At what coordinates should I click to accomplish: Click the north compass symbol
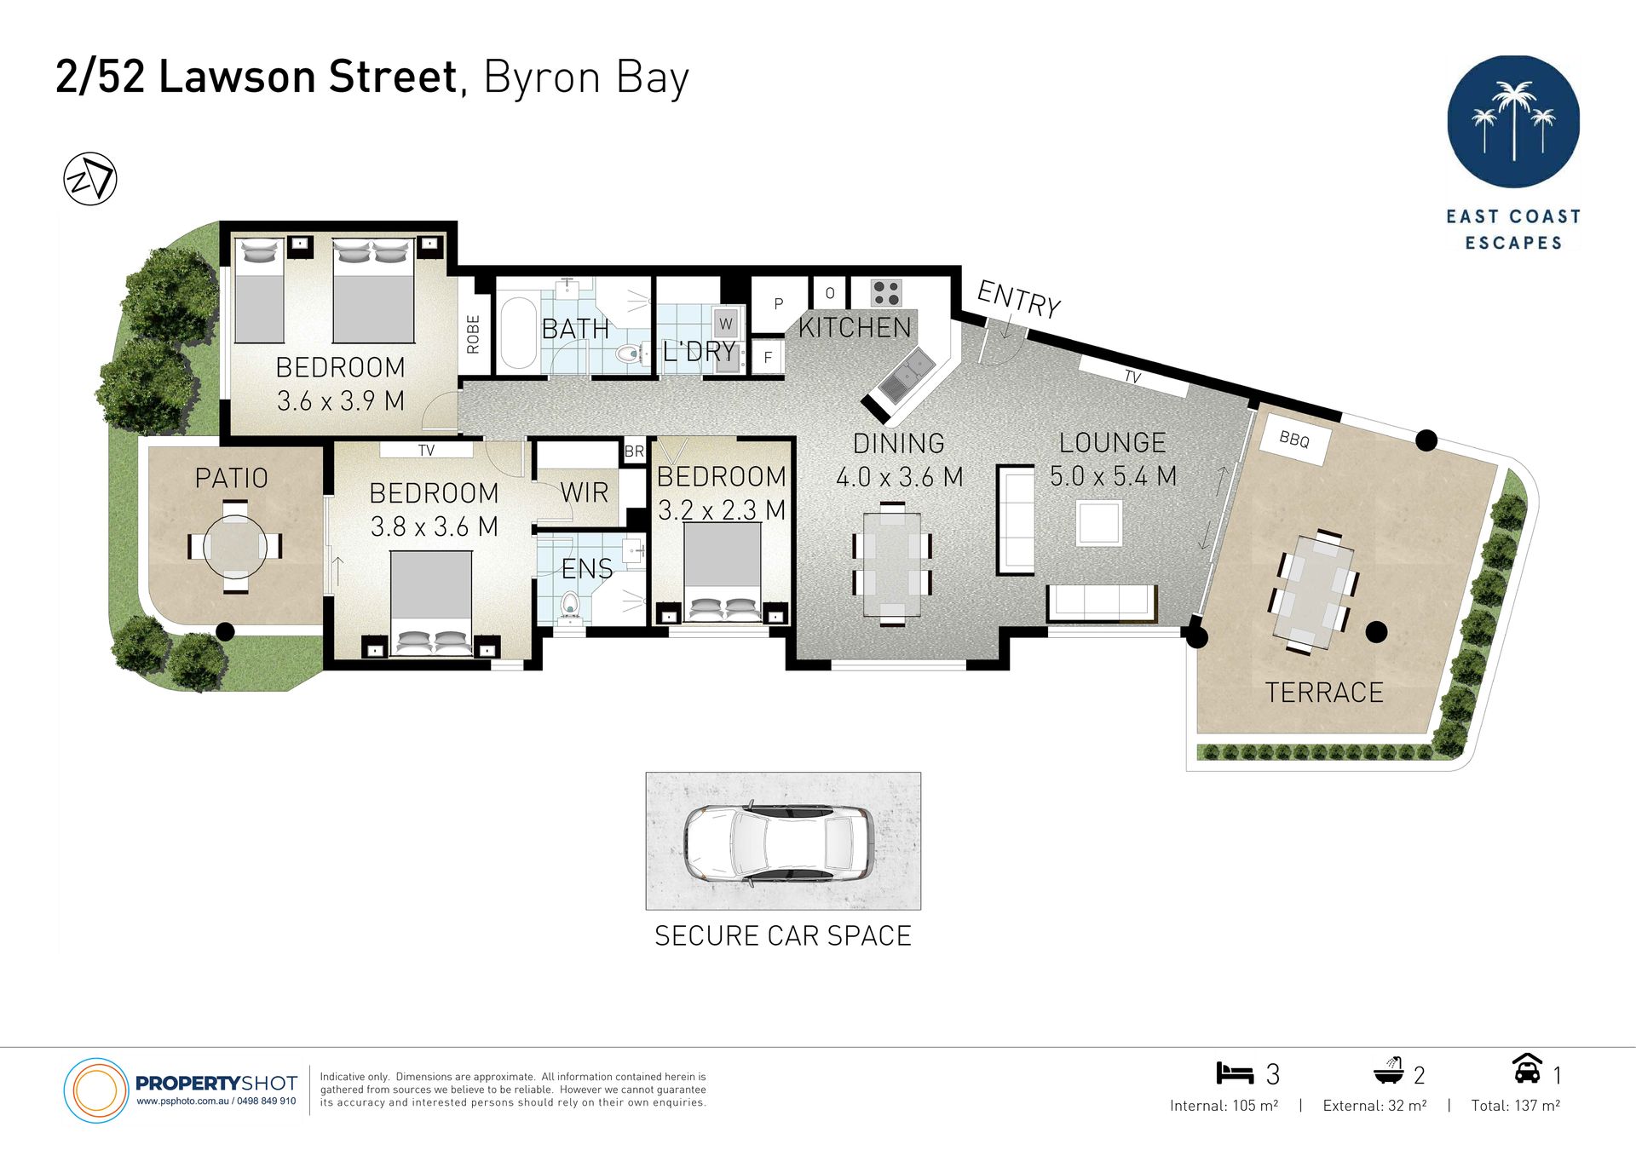tap(90, 179)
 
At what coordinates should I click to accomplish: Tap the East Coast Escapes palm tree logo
tap(1513, 122)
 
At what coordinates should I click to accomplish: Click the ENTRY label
tap(1018, 299)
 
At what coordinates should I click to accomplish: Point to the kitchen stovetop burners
tap(886, 293)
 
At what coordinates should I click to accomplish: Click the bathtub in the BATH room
tap(518, 331)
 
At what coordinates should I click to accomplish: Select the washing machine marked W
tap(726, 324)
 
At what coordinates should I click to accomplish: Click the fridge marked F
tap(768, 357)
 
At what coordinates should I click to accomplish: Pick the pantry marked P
tap(778, 304)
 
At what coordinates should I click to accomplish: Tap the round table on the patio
tap(235, 546)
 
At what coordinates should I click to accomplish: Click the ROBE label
tap(474, 334)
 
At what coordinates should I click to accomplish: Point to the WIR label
tap(585, 492)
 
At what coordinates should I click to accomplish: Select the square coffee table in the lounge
tap(1098, 522)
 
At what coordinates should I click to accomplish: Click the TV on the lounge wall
tap(1133, 377)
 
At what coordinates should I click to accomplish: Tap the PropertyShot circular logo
tap(95, 1090)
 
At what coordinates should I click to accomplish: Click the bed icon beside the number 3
tap(1235, 1073)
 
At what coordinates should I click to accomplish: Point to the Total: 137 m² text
tap(1515, 1106)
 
